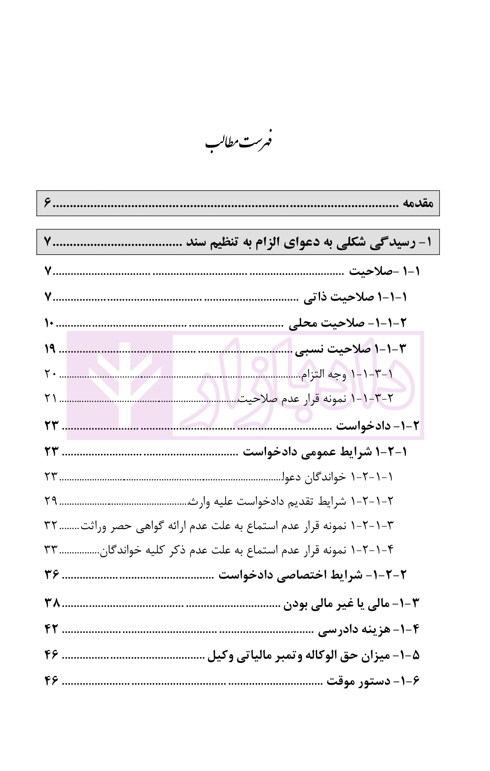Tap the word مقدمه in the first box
[x=418, y=203]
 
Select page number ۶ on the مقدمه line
[x=47, y=203]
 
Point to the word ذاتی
[x=315, y=298]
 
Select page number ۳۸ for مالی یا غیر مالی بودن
[x=52, y=604]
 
